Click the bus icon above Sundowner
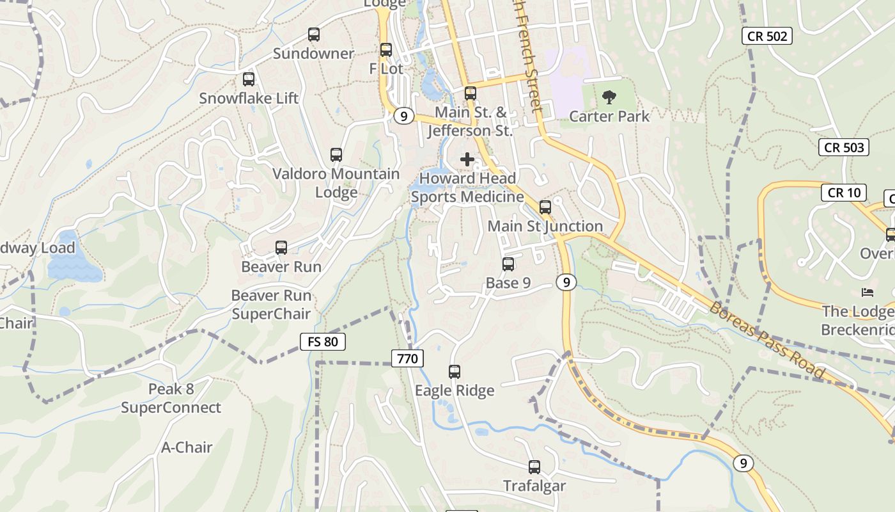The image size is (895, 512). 313,35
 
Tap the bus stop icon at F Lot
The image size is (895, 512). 386,49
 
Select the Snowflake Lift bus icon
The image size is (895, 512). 249,79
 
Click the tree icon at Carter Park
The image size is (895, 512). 609,97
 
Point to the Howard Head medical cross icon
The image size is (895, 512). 467,159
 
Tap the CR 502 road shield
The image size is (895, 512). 767,36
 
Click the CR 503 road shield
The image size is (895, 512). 844,147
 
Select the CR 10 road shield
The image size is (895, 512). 844,193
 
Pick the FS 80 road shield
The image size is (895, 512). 323,342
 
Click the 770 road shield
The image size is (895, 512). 407,358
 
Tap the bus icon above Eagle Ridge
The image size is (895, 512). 455,371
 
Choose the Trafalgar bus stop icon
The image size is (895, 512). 534,467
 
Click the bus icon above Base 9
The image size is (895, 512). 508,264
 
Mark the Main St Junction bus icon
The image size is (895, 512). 545,207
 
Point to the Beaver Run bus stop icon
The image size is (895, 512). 281,248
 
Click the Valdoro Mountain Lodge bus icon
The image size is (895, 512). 336,155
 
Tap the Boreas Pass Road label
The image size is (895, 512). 768,340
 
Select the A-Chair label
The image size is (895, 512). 187,447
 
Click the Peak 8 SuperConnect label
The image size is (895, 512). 171,398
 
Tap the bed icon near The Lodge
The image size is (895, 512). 868,292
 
